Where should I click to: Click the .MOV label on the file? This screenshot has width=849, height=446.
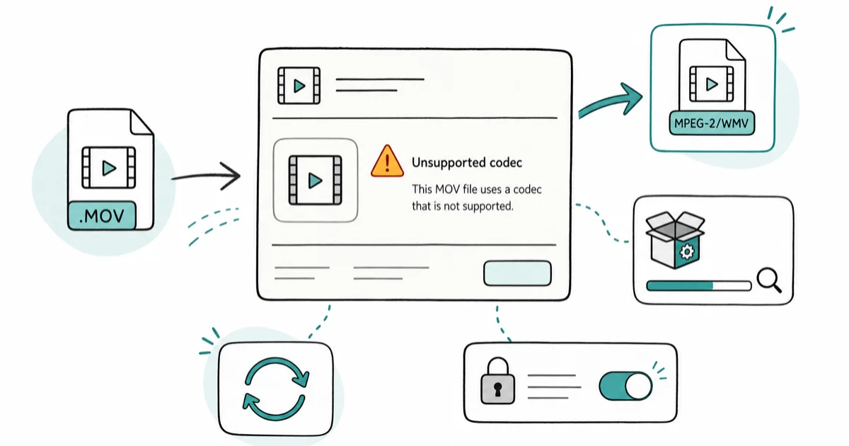pos(102,215)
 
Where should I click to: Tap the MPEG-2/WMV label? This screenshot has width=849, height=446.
pos(712,123)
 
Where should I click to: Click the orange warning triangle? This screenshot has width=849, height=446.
pos(387,161)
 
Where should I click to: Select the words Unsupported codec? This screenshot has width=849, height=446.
pos(467,163)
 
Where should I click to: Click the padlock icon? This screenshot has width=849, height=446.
pos(497,380)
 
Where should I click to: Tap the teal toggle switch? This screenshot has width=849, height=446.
pos(625,386)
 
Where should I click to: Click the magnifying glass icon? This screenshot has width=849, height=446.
pos(769,280)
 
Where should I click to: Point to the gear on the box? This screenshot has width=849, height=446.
pos(687,251)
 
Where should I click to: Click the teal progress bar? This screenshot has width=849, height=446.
pos(699,285)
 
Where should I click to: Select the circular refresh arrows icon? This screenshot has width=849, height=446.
pos(275,389)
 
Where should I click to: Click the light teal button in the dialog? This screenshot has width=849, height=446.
pos(517,273)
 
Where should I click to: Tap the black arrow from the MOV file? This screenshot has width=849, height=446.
pos(206,176)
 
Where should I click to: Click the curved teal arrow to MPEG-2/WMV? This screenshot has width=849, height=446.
pos(610,101)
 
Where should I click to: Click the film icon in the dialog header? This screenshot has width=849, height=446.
pos(299,86)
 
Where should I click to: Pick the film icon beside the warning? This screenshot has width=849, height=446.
pos(315,180)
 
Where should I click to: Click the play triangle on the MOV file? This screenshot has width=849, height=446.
pos(109,168)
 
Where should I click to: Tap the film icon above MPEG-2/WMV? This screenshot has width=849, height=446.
pos(712,84)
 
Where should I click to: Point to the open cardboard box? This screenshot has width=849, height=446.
pos(675,240)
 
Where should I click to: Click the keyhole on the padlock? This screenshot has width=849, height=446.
pos(497,389)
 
